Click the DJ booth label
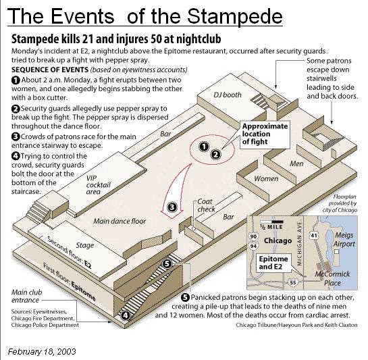coord(228,95)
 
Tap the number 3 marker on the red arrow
coord(172,207)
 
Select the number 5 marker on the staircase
coord(167,263)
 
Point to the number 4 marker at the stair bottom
coord(126,315)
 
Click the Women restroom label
coord(266,179)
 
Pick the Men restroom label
coord(296,163)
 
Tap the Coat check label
coord(206,205)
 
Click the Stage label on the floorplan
coord(84,245)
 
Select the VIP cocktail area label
coord(98,185)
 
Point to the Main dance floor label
coord(120,221)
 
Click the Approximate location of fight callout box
coord(265,134)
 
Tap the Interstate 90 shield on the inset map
coord(253,236)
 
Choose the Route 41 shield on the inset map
coord(314,235)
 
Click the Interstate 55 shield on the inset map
coord(293,282)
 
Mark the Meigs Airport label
coord(344,239)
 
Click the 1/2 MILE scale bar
coord(271,222)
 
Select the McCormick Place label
coord(332,278)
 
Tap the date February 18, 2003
coord(42,351)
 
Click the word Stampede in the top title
coord(235,16)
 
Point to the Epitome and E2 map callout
coord(273,263)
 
